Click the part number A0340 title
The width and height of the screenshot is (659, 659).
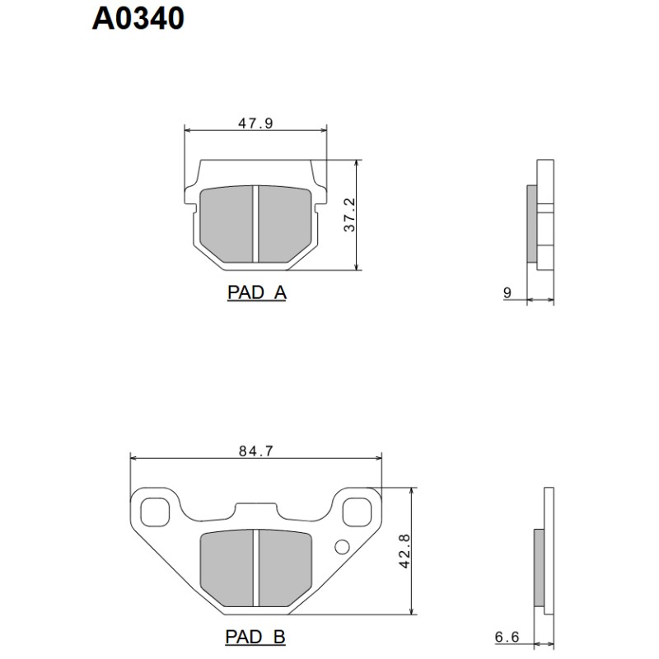[138, 18]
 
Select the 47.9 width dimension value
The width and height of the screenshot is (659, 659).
[255, 124]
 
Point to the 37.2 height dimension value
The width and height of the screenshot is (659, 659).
[349, 214]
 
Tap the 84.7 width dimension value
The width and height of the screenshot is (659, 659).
[255, 451]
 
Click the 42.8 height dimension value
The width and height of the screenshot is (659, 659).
[404, 550]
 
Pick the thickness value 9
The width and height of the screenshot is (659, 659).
[507, 292]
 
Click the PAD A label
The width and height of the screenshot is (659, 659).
[256, 292]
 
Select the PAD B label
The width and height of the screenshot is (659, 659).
[255, 637]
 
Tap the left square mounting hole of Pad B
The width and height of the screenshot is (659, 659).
[153, 511]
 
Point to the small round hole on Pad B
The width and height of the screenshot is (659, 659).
[341, 546]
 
